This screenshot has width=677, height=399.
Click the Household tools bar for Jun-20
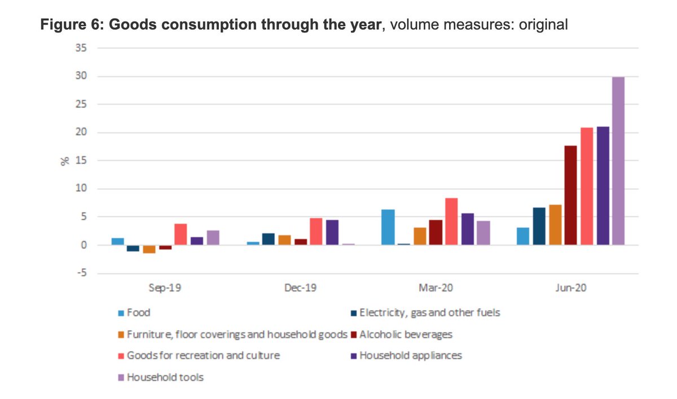click(618, 161)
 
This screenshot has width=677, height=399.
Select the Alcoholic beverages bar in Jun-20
click(570, 195)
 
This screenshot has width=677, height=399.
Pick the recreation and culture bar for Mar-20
click(451, 221)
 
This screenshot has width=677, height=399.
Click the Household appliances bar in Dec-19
click(332, 232)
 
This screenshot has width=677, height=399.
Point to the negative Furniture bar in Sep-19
click(149, 249)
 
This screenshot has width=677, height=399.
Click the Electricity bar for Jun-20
click(539, 226)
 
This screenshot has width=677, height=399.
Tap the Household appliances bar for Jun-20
click(603, 185)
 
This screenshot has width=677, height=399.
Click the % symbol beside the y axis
click(65, 161)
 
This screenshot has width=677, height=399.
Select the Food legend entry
click(138, 312)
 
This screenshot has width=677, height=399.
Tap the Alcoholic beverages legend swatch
click(353, 334)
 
